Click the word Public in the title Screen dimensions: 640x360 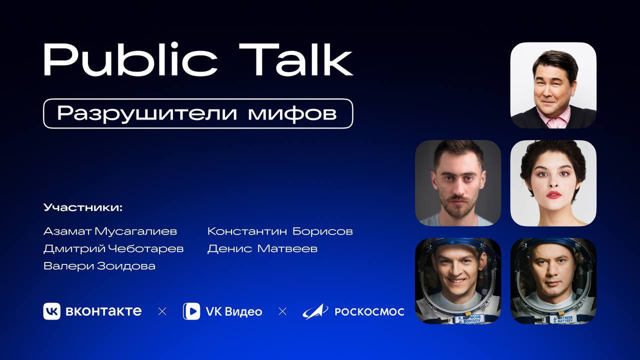130,60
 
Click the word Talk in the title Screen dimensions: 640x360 295,59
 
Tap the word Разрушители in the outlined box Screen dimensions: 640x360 147,113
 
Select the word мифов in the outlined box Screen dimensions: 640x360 292,113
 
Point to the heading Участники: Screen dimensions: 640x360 83,207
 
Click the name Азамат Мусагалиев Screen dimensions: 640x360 110,231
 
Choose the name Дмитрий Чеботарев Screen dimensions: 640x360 113,248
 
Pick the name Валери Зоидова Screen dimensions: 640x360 99,266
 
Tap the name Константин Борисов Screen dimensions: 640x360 280,231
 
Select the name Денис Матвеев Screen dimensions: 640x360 262,248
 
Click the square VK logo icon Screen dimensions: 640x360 51,311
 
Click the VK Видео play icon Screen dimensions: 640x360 191,311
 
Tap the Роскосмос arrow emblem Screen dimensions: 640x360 315,311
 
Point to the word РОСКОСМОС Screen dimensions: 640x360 369,311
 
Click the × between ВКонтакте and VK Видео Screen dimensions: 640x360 162,311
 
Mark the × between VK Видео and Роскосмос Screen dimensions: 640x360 282,311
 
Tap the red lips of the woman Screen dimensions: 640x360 553,195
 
